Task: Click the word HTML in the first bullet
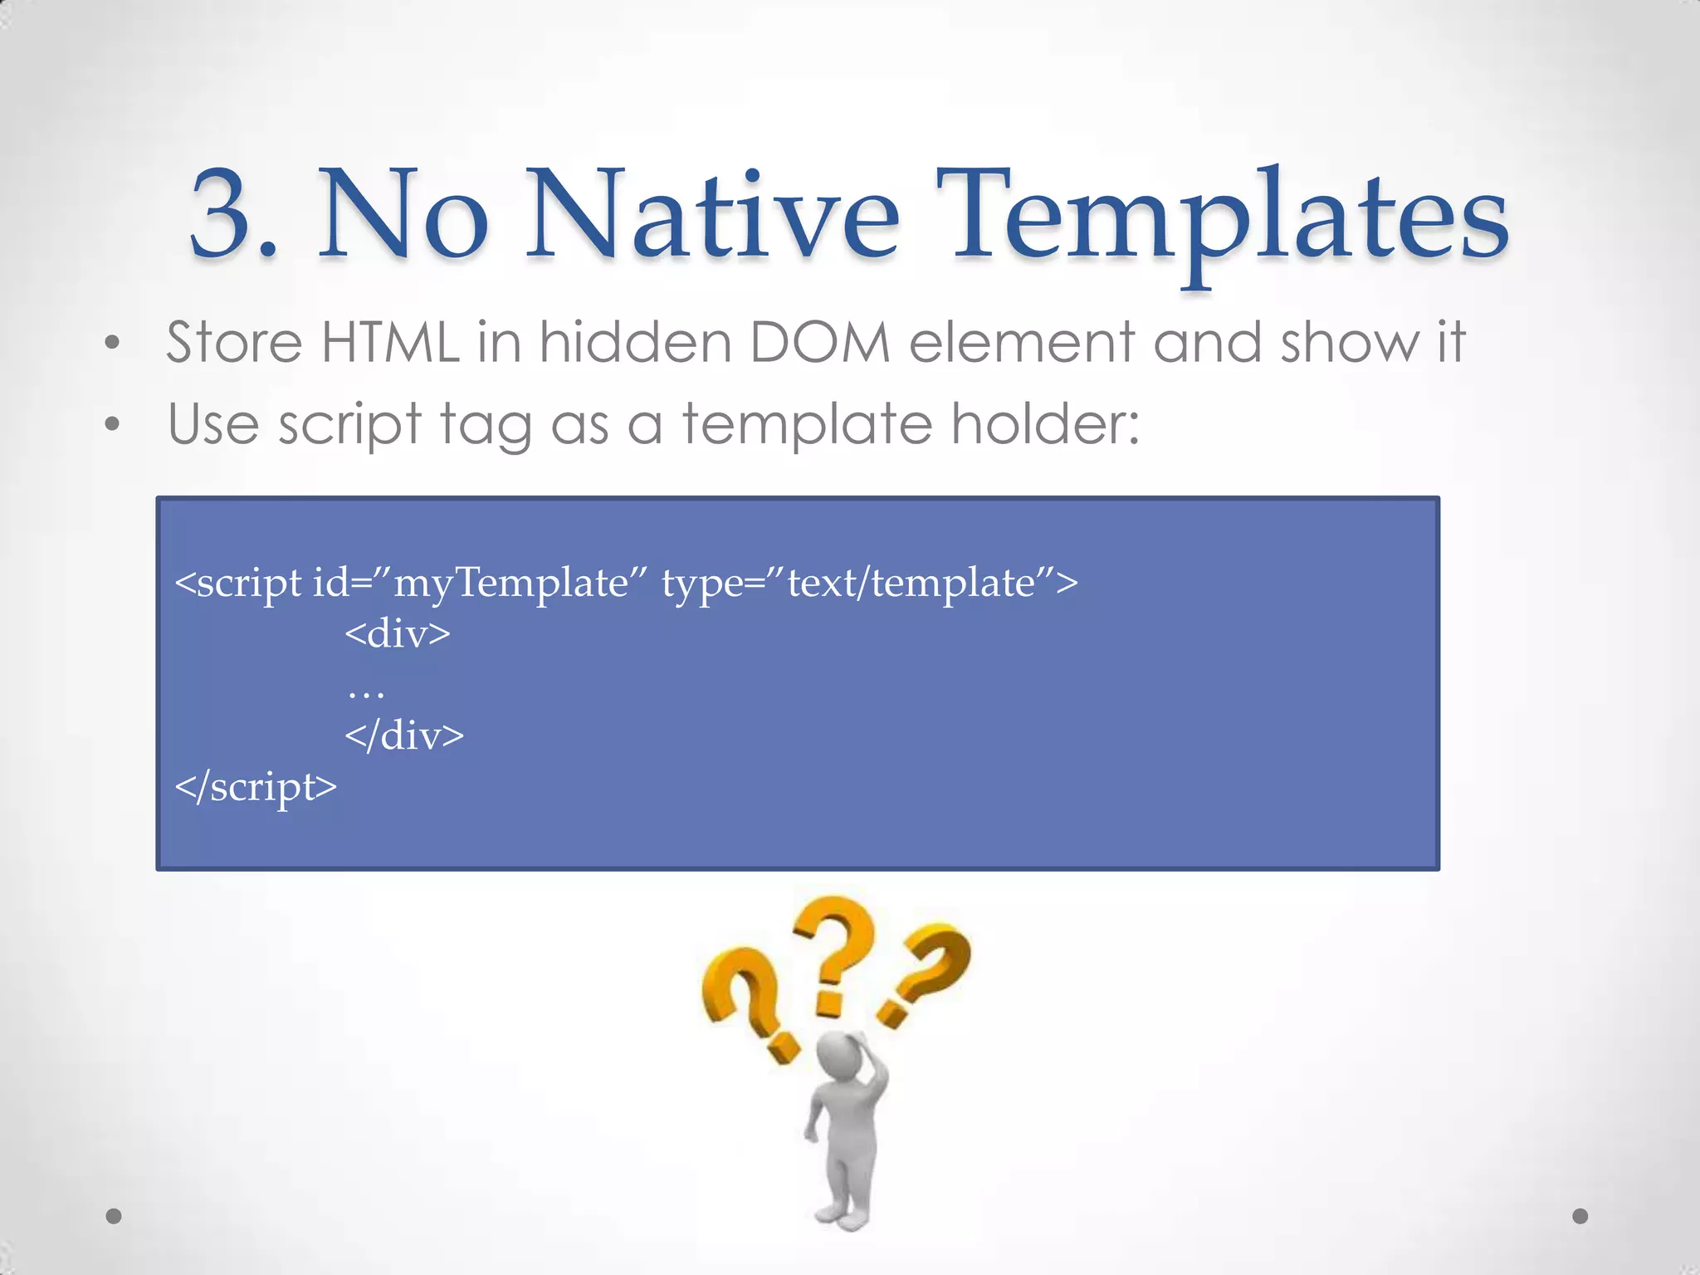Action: [x=390, y=342]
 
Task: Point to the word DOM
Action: [x=819, y=342]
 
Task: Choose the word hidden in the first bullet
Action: [x=635, y=342]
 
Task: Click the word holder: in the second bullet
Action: [x=1045, y=423]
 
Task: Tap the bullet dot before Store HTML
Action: [x=113, y=344]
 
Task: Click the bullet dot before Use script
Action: [x=113, y=425]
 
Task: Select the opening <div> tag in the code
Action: [x=398, y=634]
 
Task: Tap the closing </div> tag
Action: [x=404, y=735]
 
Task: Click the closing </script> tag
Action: [x=256, y=787]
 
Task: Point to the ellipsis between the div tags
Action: [x=366, y=692]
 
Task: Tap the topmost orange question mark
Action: [x=833, y=955]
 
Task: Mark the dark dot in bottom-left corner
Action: [x=114, y=1216]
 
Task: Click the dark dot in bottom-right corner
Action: [x=1580, y=1216]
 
